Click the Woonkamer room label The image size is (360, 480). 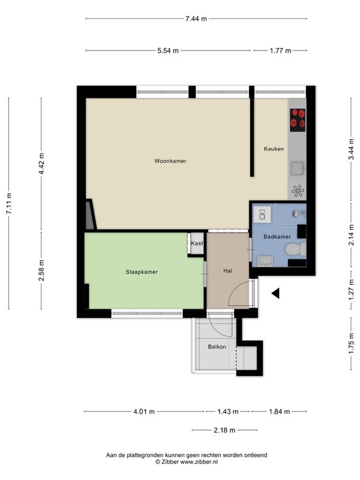(170, 161)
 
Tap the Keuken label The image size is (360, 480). (274, 149)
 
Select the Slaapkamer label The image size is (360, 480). (142, 272)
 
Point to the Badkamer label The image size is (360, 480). (277, 236)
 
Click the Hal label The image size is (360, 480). (228, 271)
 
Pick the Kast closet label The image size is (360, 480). (197, 244)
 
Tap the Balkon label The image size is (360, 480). (217, 347)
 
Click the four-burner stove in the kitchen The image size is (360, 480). (298, 120)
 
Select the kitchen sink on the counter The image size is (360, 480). (298, 169)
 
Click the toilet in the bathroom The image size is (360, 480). (295, 249)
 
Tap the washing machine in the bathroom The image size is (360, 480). (262, 215)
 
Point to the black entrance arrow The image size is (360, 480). (275, 293)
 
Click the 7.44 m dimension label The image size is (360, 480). (196, 19)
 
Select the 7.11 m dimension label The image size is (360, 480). (9, 203)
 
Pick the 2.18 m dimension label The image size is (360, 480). (224, 430)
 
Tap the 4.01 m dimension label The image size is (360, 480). (144, 412)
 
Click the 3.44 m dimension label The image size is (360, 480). (352, 149)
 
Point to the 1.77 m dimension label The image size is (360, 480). (280, 50)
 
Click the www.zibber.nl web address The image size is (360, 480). (199, 462)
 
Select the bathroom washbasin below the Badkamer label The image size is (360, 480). (265, 261)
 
